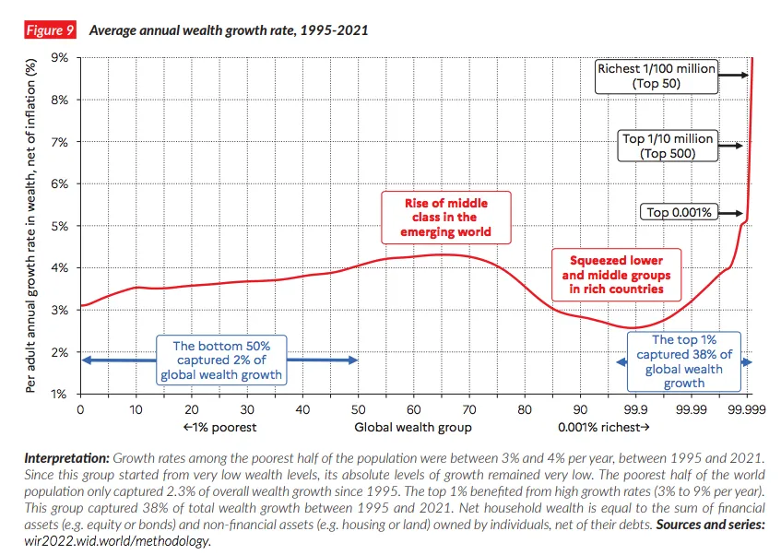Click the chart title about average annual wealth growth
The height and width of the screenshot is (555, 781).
click(x=228, y=30)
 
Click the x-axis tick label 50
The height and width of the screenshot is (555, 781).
click(x=359, y=408)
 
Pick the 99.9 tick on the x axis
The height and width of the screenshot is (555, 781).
click(x=636, y=408)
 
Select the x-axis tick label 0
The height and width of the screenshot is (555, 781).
click(x=81, y=408)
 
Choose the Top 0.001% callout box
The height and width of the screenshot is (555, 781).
click(x=679, y=213)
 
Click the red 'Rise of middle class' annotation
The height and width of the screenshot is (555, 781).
click(x=446, y=217)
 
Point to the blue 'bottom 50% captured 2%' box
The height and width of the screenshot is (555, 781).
click(x=222, y=360)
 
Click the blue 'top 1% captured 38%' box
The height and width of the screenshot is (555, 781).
click(x=683, y=361)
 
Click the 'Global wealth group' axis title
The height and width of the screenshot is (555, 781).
click(x=413, y=428)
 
